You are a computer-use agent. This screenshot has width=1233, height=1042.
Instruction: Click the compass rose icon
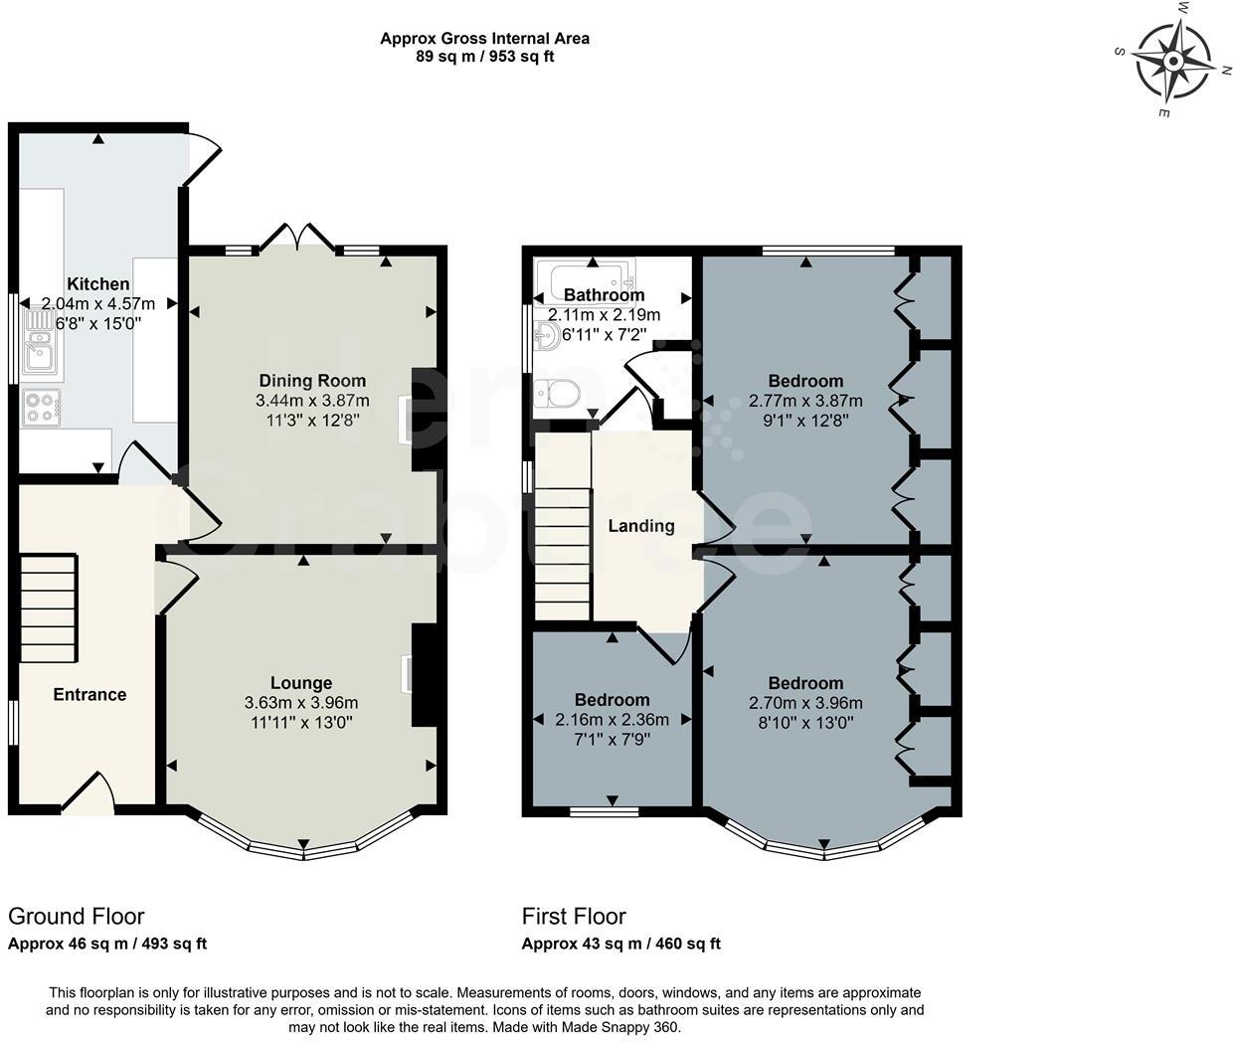point(1173,62)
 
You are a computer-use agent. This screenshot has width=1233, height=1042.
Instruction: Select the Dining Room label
point(312,381)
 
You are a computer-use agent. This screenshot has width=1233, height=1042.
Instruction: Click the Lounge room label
point(301,683)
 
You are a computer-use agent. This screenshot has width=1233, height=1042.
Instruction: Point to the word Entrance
point(89,694)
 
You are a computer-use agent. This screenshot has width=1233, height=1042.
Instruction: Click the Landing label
point(641,526)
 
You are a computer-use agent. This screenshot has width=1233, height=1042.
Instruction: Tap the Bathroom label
point(604,295)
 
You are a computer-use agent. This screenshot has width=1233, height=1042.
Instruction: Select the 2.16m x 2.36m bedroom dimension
point(612,720)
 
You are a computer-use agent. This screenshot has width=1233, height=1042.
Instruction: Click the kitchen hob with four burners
point(41,407)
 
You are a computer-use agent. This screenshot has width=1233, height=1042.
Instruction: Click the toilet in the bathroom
point(557,394)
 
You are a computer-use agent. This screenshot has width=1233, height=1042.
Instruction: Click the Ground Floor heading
point(77,916)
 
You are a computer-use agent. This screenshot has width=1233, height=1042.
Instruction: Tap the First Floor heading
point(574,916)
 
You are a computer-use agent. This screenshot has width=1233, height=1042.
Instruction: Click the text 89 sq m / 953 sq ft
point(484,57)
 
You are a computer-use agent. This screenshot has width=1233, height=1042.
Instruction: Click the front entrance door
point(89,791)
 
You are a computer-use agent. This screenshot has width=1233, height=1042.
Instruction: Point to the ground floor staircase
point(48,608)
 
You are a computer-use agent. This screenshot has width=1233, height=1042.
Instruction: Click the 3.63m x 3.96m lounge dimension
point(301,703)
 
